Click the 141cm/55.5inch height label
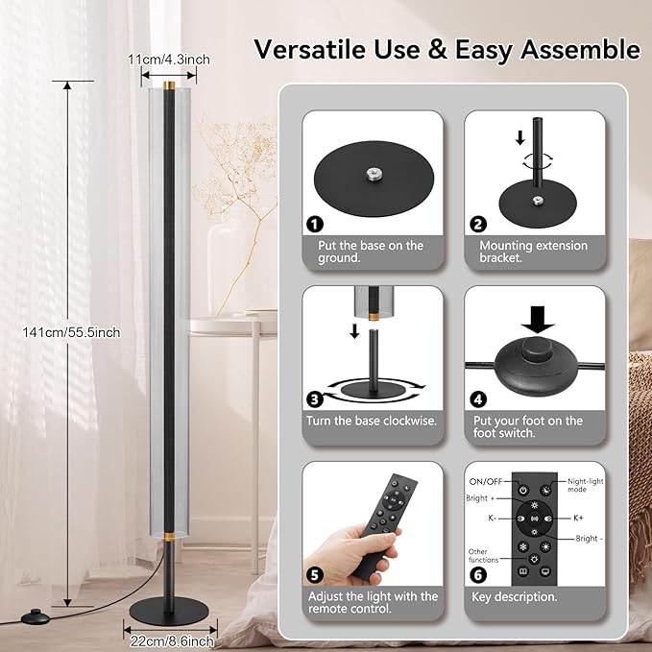click(71, 332)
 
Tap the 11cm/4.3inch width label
click(168, 60)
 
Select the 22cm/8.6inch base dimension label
click(172, 640)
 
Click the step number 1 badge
click(315, 225)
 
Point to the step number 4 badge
click(478, 399)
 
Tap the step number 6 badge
click(478, 575)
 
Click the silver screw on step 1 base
click(374, 175)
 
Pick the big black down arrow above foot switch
click(538, 320)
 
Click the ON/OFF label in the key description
click(486, 481)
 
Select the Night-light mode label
click(586, 485)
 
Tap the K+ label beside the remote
click(578, 518)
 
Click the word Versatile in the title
click(310, 49)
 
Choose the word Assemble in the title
click(581, 50)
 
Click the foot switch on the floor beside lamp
click(35, 616)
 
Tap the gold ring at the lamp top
click(169, 85)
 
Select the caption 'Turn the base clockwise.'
click(372, 421)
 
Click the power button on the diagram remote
click(523, 491)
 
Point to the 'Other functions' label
click(482, 556)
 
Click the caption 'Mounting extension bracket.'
click(534, 252)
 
